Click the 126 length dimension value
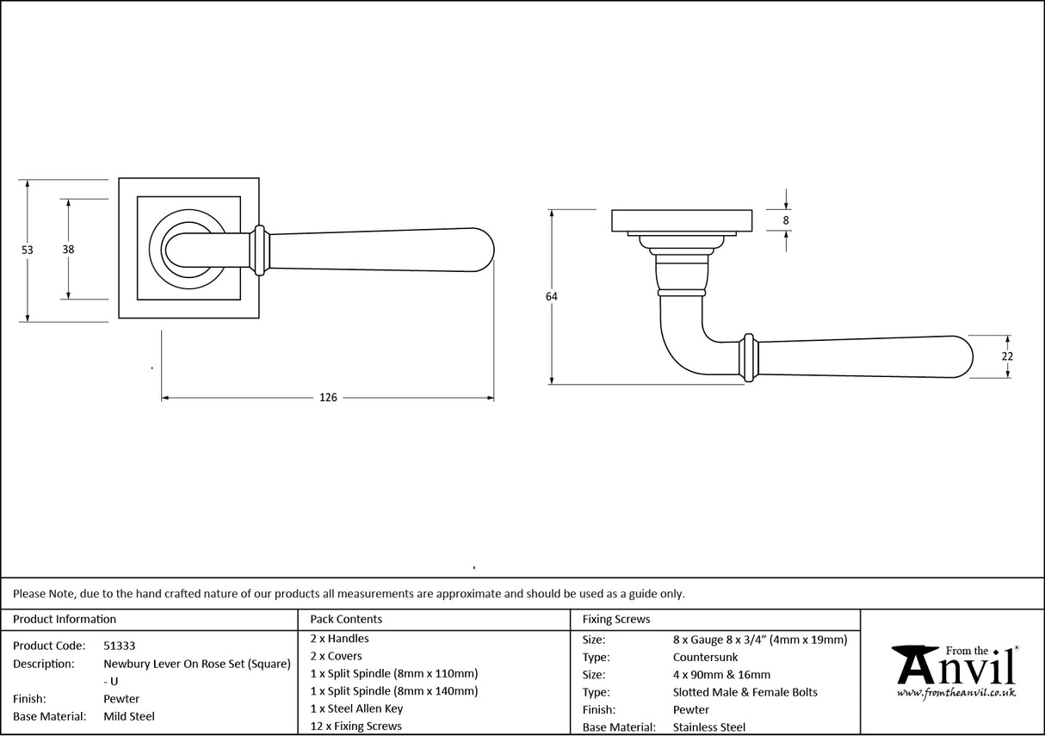pyautogui.click(x=328, y=398)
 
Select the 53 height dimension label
pyautogui.click(x=27, y=250)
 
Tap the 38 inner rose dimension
pyautogui.click(x=68, y=250)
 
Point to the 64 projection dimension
pyautogui.click(x=551, y=297)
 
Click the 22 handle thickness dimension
pyautogui.click(x=1007, y=356)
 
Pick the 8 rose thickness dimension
pyautogui.click(x=786, y=220)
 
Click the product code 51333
pyautogui.click(x=119, y=646)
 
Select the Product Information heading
pyautogui.click(x=65, y=619)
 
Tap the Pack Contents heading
pyautogui.click(x=346, y=619)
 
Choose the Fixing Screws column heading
pyautogui.click(x=616, y=619)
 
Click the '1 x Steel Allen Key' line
pyautogui.click(x=356, y=708)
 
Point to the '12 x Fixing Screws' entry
pyautogui.click(x=356, y=726)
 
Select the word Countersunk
pyautogui.click(x=705, y=657)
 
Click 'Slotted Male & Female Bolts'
pyautogui.click(x=745, y=692)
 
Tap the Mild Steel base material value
pyautogui.click(x=129, y=716)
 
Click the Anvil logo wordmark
pyautogui.click(x=954, y=667)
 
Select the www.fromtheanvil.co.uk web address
pyautogui.click(x=955, y=693)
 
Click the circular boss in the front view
pyautogui.click(x=183, y=250)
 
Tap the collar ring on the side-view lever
pyautogui.click(x=749, y=356)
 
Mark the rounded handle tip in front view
pyautogui.click(x=482, y=250)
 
